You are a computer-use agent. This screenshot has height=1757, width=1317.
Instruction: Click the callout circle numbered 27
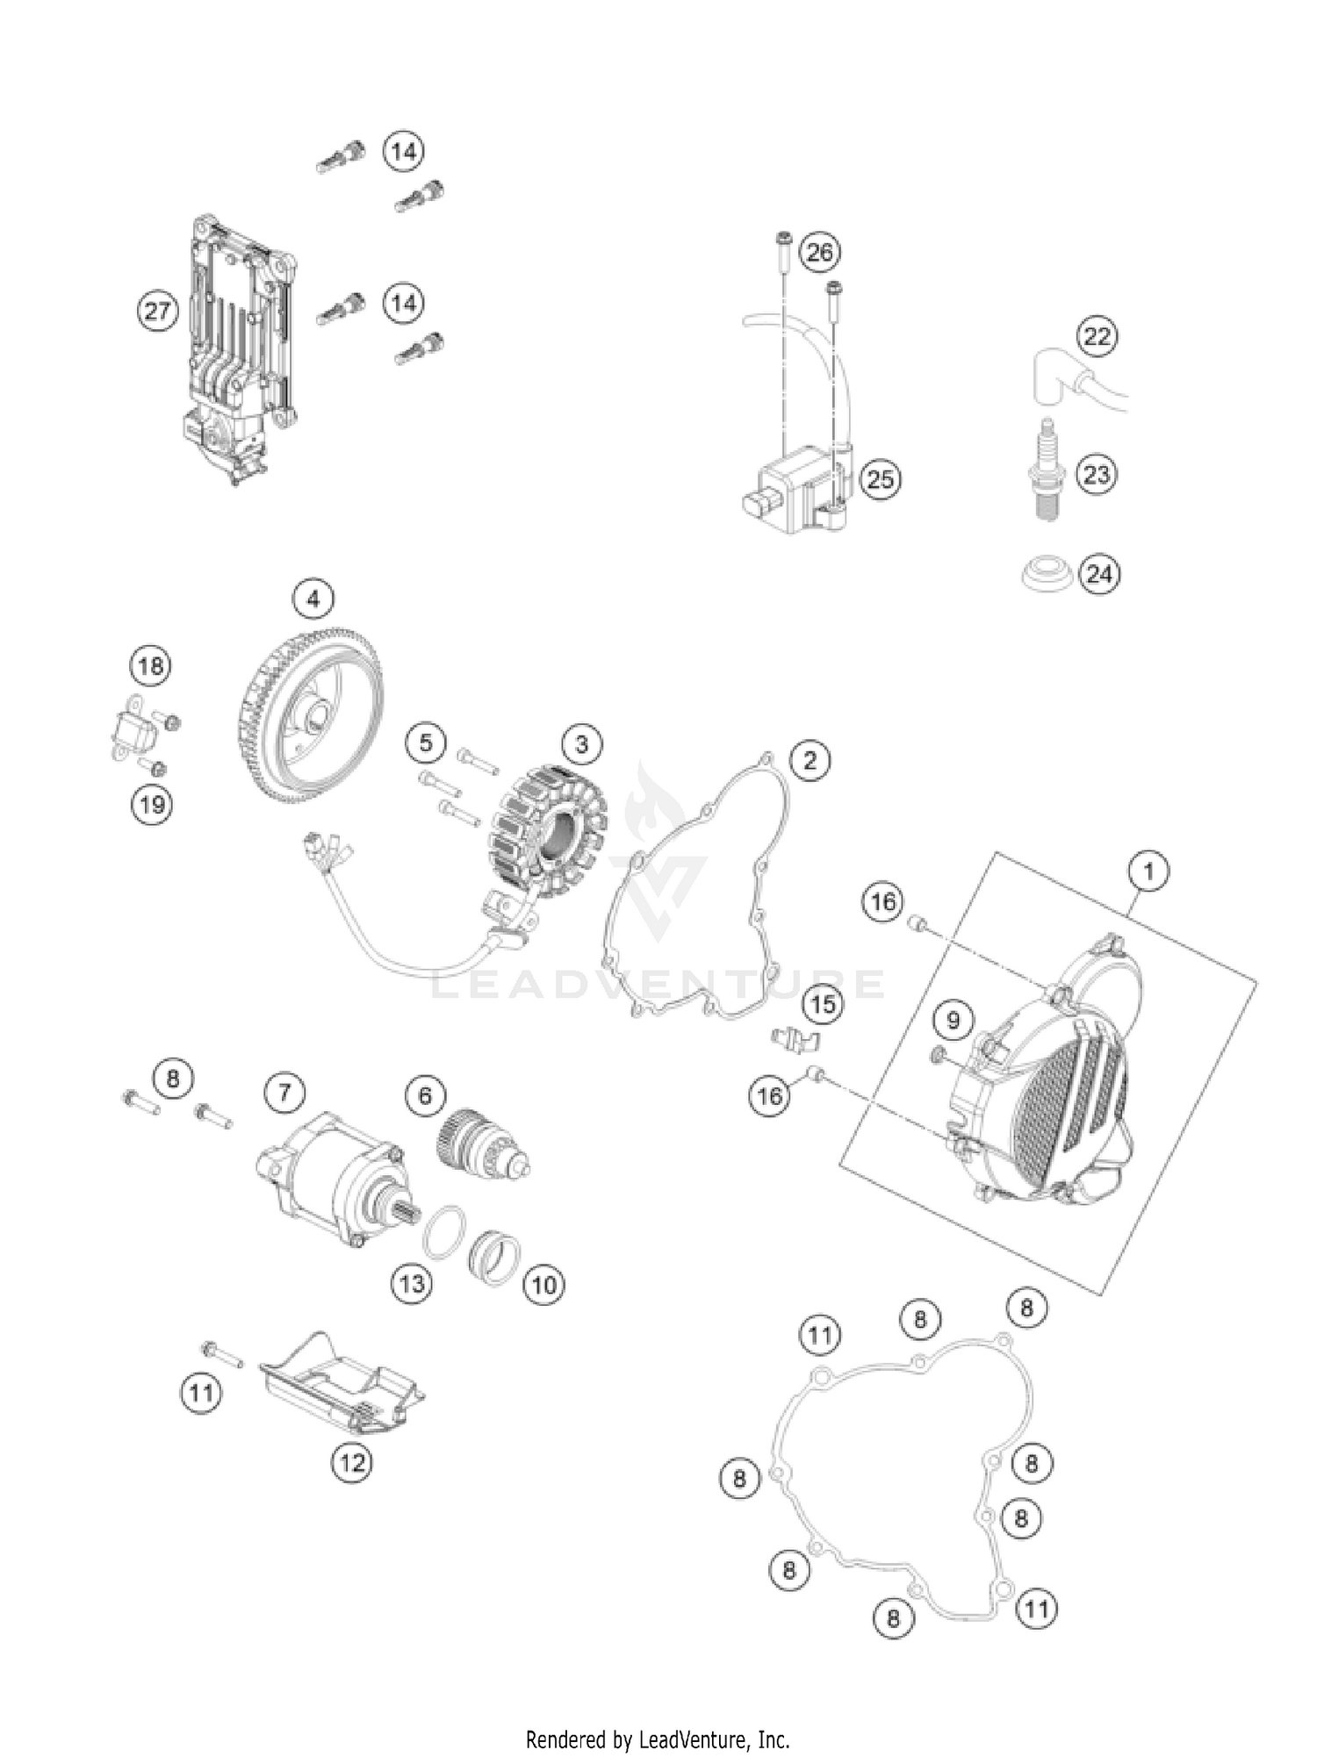point(157,312)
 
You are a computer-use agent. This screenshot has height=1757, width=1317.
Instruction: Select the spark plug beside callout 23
point(1047,474)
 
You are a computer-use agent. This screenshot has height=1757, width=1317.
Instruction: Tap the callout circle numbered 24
point(1099,574)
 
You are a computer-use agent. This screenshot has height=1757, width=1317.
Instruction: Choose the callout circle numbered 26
point(820,253)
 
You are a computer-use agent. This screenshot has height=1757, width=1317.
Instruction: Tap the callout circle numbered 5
point(426,743)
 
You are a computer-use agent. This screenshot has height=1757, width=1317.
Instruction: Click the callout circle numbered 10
point(544,1285)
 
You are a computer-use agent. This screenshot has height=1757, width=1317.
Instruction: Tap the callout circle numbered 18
point(151,666)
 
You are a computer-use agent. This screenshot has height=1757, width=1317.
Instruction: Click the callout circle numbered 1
point(1148,872)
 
